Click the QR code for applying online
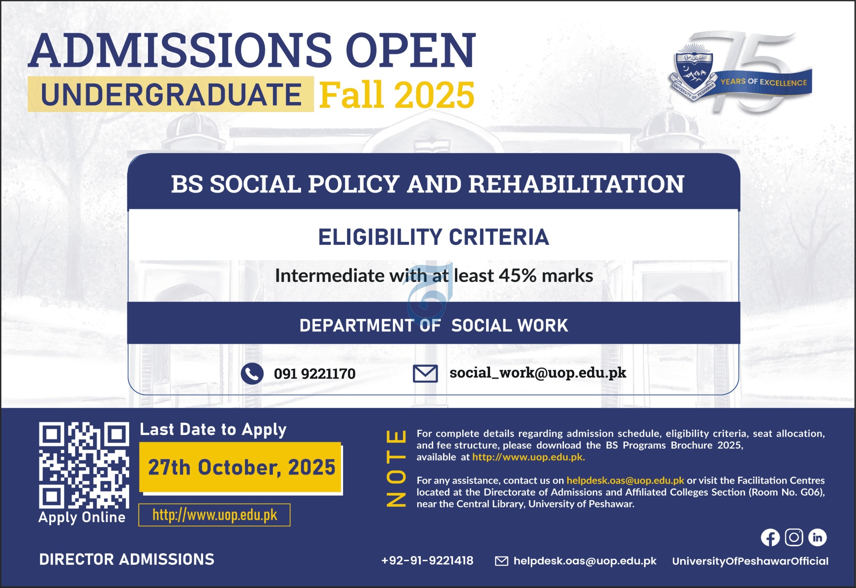[84, 465]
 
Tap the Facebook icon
[770, 538]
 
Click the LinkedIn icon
[817, 538]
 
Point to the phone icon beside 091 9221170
[252, 374]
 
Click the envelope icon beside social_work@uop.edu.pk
[425, 374]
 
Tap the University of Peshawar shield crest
[693, 72]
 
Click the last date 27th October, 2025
[241, 467]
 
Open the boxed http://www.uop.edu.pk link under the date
[214, 515]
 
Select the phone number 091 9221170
[315, 374]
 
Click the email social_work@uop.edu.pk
[538, 373]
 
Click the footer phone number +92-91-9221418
[427, 561]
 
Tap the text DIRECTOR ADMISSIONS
[127, 559]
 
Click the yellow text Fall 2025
[397, 95]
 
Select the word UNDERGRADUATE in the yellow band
[171, 94]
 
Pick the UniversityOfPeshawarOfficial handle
[750, 561]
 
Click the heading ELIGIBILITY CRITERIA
[433, 237]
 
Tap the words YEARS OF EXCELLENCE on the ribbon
[764, 82]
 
